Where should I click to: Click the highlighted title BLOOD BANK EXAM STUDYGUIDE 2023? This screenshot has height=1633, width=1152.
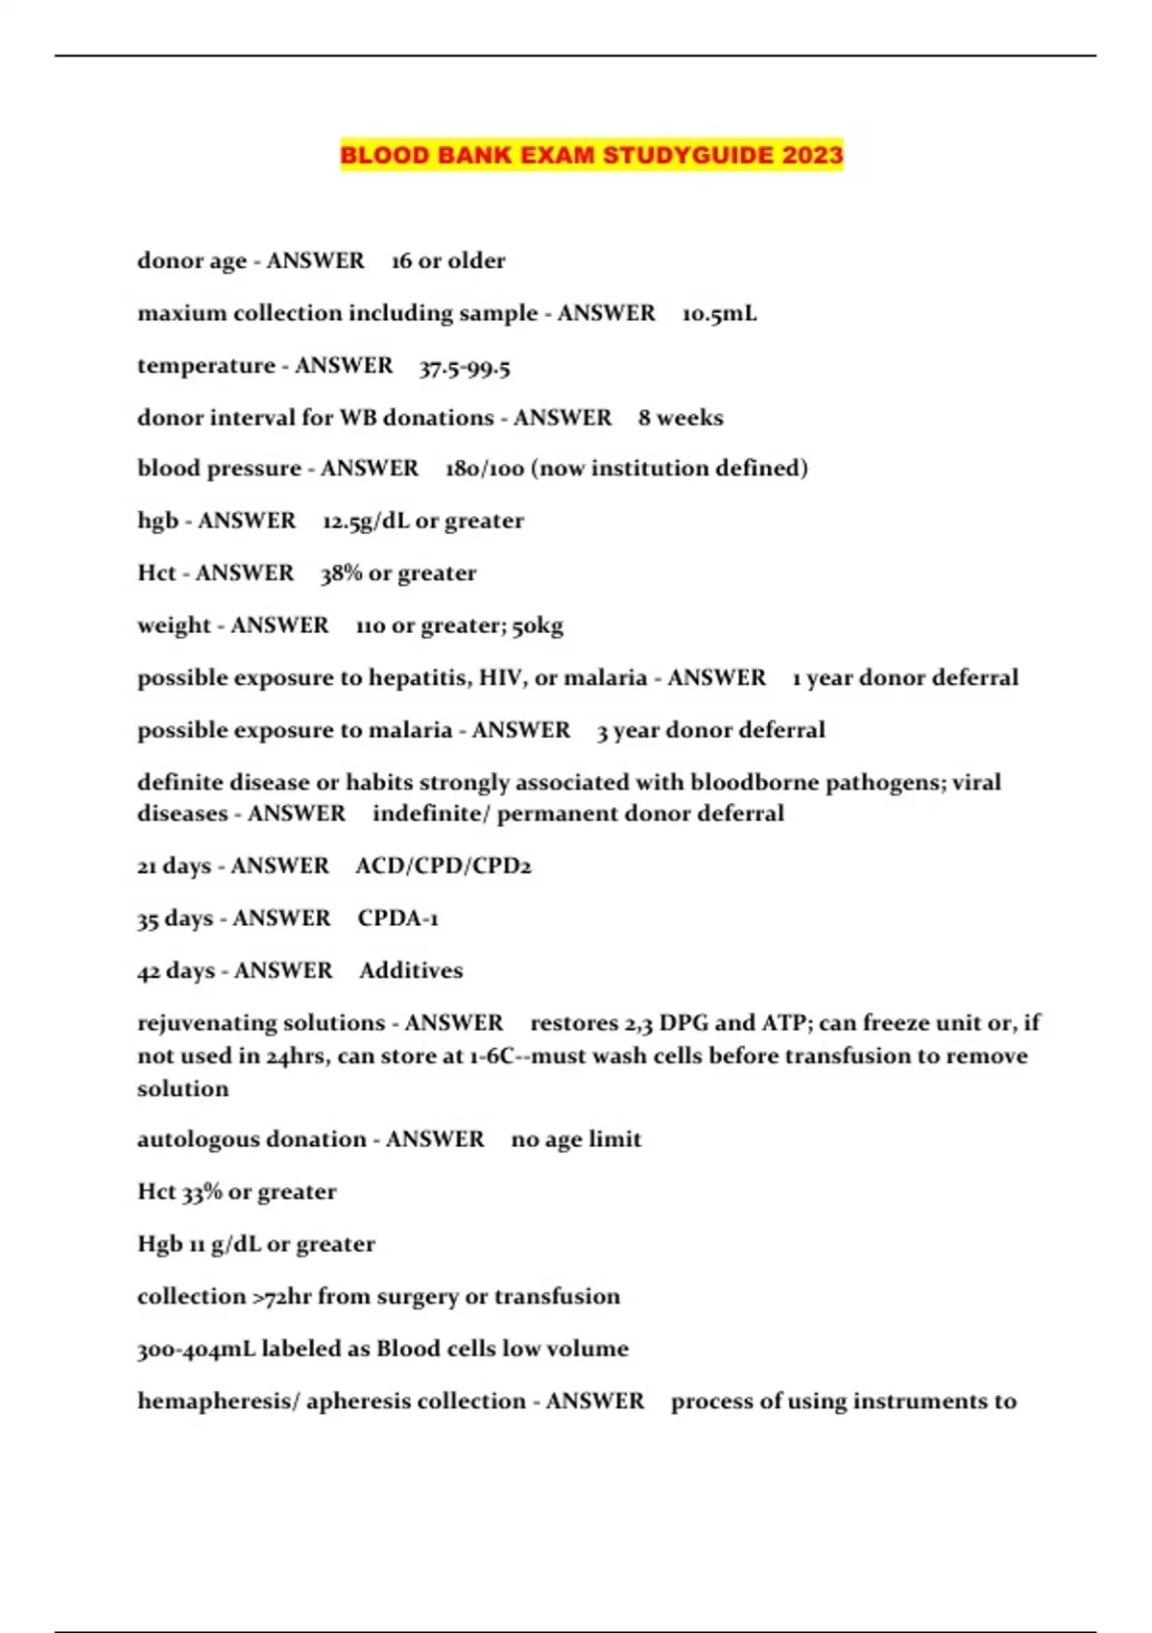click(x=591, y=155)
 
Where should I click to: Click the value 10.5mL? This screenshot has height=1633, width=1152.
click(x=719, y=313)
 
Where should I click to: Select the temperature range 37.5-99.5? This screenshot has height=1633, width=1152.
click(x=465, y=366)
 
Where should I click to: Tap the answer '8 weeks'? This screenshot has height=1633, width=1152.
click(x=681, y=418)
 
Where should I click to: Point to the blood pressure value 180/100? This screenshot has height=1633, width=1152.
click(x=485, y=469)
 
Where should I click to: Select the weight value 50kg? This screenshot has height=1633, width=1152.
click(x=538, y=625)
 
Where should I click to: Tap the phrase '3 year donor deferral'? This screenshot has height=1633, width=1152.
click(x=710, y=730)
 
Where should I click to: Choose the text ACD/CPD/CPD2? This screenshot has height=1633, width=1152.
click(x=443, y=865)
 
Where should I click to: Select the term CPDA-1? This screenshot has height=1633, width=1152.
click(x=397, y=918)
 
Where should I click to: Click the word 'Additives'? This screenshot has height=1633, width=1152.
click(x=411, y=970)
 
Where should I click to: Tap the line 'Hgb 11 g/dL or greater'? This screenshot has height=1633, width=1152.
click(x=255, y=1244)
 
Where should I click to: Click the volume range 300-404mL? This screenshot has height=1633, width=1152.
click(x=196, y=1349)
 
